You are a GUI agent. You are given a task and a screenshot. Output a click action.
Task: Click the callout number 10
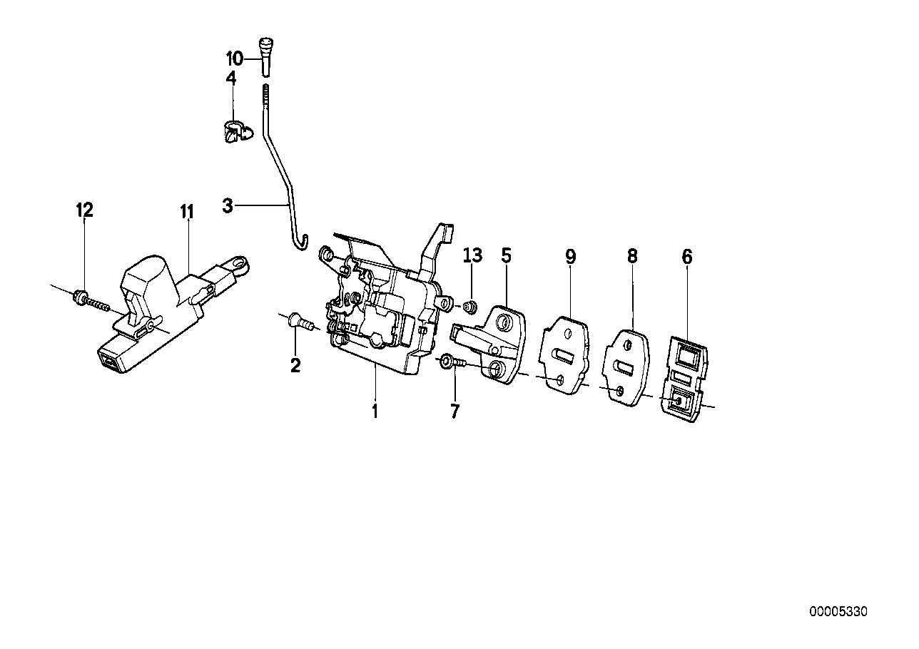235,59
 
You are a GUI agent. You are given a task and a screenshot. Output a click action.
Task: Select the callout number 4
231,78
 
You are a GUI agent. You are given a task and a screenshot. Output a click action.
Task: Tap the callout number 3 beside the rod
228,205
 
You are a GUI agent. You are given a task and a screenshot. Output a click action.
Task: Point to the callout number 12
85,210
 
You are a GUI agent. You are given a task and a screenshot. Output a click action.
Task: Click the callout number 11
187,212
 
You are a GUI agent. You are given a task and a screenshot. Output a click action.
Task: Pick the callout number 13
472,255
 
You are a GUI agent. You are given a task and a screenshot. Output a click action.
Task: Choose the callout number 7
455,412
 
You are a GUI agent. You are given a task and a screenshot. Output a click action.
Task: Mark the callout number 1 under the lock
375,412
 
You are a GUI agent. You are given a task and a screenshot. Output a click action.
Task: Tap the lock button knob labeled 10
266,56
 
